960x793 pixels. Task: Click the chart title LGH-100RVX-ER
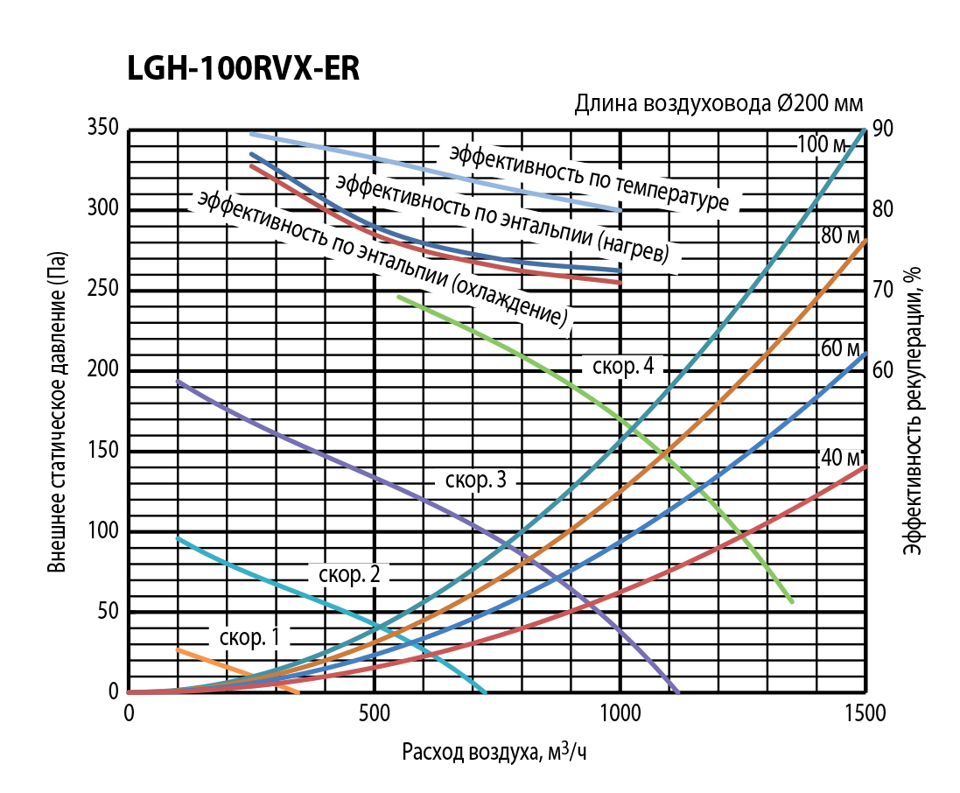[x=243, y=69]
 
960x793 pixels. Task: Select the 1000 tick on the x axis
[x=620, y=713]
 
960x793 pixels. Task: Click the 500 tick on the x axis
[x=375, y=713]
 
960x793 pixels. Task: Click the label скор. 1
[x=249, y=637]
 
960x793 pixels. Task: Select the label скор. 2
[x=348, y=574]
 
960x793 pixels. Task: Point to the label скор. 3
[x=476, y=480]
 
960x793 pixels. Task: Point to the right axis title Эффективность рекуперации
[x=914, y=411]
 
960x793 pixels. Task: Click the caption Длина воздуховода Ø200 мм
[x=718, y=104]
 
